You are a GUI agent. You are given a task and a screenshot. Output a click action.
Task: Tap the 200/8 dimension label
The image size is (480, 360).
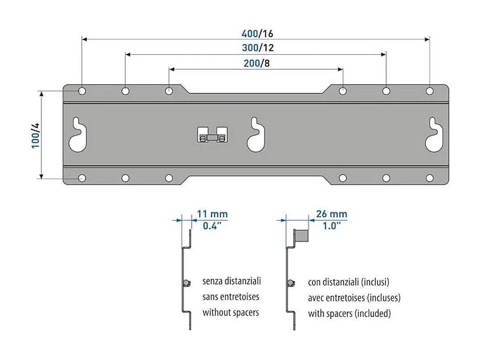256,63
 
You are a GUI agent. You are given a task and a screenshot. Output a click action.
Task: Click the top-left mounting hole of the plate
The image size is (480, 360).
82,91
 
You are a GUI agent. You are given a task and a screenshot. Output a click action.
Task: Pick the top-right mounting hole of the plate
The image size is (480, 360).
430,91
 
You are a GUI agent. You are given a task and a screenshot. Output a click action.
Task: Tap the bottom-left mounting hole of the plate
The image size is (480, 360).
82,178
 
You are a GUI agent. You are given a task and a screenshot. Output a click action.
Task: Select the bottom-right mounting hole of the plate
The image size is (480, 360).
430,178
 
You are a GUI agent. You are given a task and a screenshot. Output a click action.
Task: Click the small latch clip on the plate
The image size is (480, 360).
212,135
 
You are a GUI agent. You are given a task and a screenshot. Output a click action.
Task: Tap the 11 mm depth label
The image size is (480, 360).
212,215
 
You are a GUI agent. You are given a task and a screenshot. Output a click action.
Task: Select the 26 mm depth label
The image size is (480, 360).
331,215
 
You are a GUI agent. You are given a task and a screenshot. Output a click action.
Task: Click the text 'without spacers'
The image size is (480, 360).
230,313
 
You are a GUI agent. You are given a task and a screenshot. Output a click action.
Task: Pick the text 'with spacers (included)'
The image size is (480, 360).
349,314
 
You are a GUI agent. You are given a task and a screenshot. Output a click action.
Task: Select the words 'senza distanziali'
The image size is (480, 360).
232,281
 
